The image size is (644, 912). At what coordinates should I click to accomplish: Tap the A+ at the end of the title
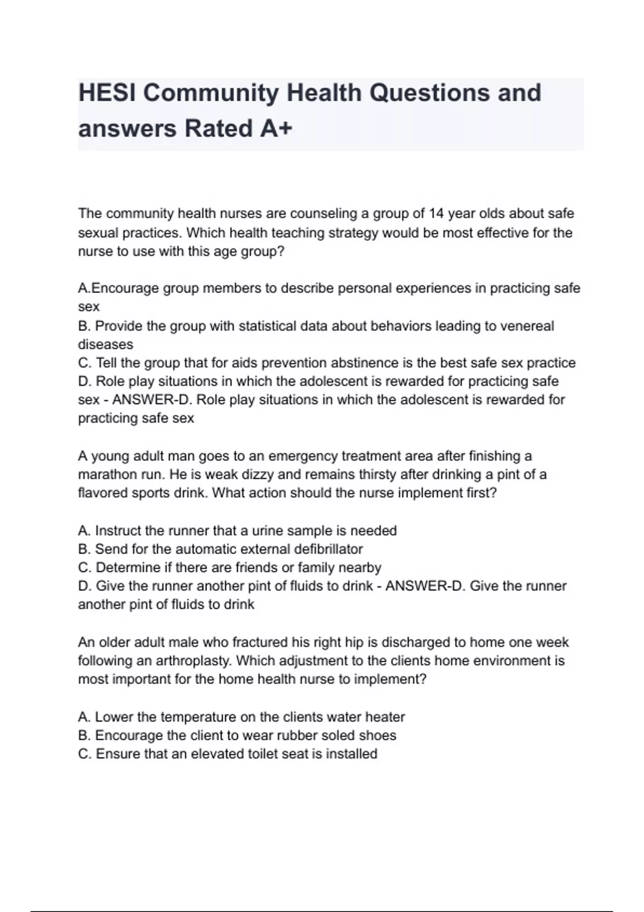point(276,129)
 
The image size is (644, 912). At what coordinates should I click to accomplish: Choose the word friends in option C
point(250,567)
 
